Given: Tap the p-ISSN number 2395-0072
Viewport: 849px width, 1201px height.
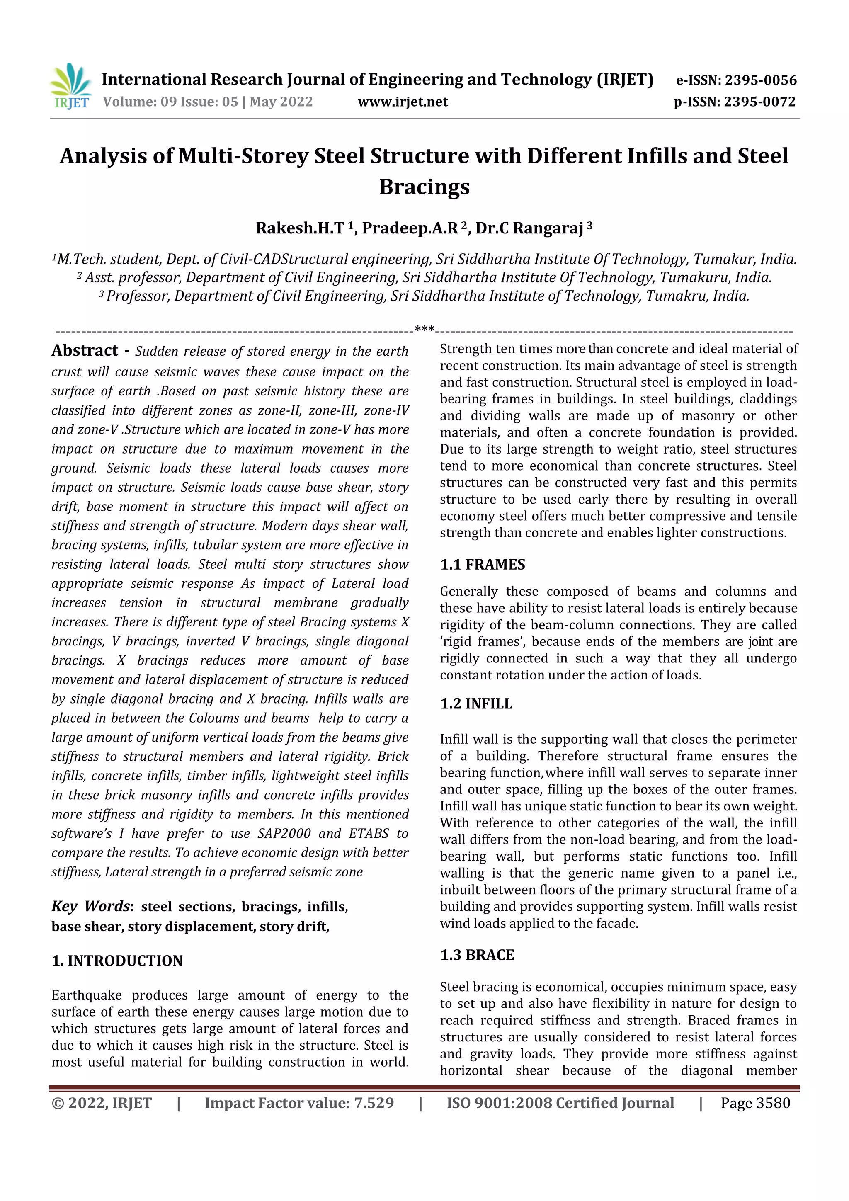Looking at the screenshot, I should [759, 102].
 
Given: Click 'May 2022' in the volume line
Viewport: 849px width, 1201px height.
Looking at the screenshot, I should [281, 102].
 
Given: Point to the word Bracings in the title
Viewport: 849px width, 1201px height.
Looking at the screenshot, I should [424, 187].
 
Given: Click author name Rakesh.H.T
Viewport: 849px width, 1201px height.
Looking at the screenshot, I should [299, 228].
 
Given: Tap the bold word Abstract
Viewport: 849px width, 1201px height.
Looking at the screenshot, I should [85, 350].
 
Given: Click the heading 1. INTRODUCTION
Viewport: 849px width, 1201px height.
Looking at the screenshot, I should [117, 961].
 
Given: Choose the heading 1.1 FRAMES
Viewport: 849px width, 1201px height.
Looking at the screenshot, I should [482, 564].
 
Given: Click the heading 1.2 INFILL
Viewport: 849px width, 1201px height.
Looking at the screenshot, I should [476, 704].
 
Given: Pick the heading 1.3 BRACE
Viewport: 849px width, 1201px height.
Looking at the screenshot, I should [477, 955].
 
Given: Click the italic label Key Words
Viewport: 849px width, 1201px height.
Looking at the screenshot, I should [90, 906].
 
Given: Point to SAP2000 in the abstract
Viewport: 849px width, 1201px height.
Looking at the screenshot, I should [284, 833].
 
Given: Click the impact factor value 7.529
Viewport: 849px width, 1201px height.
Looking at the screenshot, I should [374, 1103].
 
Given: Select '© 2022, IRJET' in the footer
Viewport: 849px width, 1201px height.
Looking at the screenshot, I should [102, 1103].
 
